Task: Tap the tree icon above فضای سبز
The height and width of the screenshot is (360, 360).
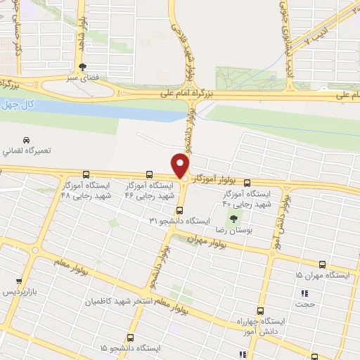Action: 84,67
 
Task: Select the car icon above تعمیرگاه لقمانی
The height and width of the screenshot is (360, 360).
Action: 27,139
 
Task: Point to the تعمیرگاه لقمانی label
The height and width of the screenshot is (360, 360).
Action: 26,151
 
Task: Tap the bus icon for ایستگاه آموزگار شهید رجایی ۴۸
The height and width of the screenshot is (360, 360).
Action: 86,174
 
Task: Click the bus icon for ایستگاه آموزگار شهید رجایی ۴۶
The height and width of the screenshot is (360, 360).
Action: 148,174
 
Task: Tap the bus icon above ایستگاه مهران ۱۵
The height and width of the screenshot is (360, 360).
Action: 322,265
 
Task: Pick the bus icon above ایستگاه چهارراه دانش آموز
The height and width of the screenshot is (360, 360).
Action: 260,310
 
